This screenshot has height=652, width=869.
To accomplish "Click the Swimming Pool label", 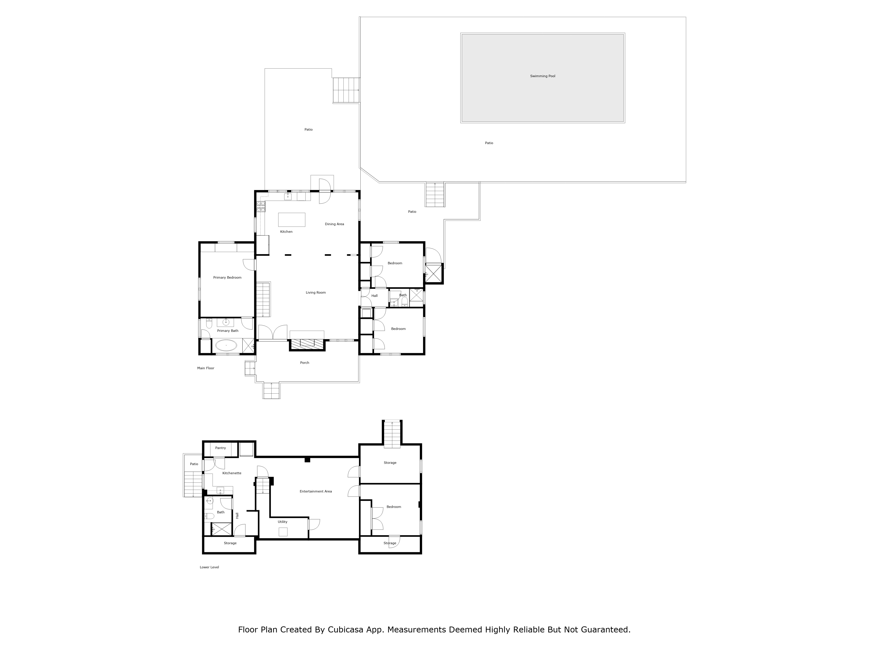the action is pyautogui.click(x=542, y=76).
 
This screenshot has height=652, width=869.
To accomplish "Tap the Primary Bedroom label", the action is pyautogui.click(x=227, y=278).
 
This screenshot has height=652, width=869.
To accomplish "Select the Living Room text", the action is pyautogui.click(x=315, y=292).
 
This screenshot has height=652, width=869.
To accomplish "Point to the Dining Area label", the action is pyautogui.click(x=334, y=224).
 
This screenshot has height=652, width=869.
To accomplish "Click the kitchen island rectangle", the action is pyautogui.click(x=292, y=220).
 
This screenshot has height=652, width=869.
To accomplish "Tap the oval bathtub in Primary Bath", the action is pyautogui.click(x=226, y=346).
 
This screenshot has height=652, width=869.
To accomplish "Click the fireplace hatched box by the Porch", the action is pyautogui.click(x=307, y=344).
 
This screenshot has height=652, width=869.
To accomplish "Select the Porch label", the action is pyautogui.click(x=304, y=363).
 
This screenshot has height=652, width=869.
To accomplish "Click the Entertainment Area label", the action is pyautogui.click(x=315, y=491).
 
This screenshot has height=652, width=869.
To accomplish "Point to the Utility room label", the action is pyautogui.click(x=282, y=522).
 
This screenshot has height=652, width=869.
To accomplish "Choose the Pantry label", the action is pyautogui.click(x=220, y=448).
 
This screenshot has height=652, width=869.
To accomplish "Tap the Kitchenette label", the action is pyautogui.click(x=232, y=473).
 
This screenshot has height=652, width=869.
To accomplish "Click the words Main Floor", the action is pyautogui.click(x=206, y=368).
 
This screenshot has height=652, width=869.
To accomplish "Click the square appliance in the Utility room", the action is pyautogui.click(x=283, y=532).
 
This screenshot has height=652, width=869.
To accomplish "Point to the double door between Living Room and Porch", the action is pyautogui.click(x=273, y=333).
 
